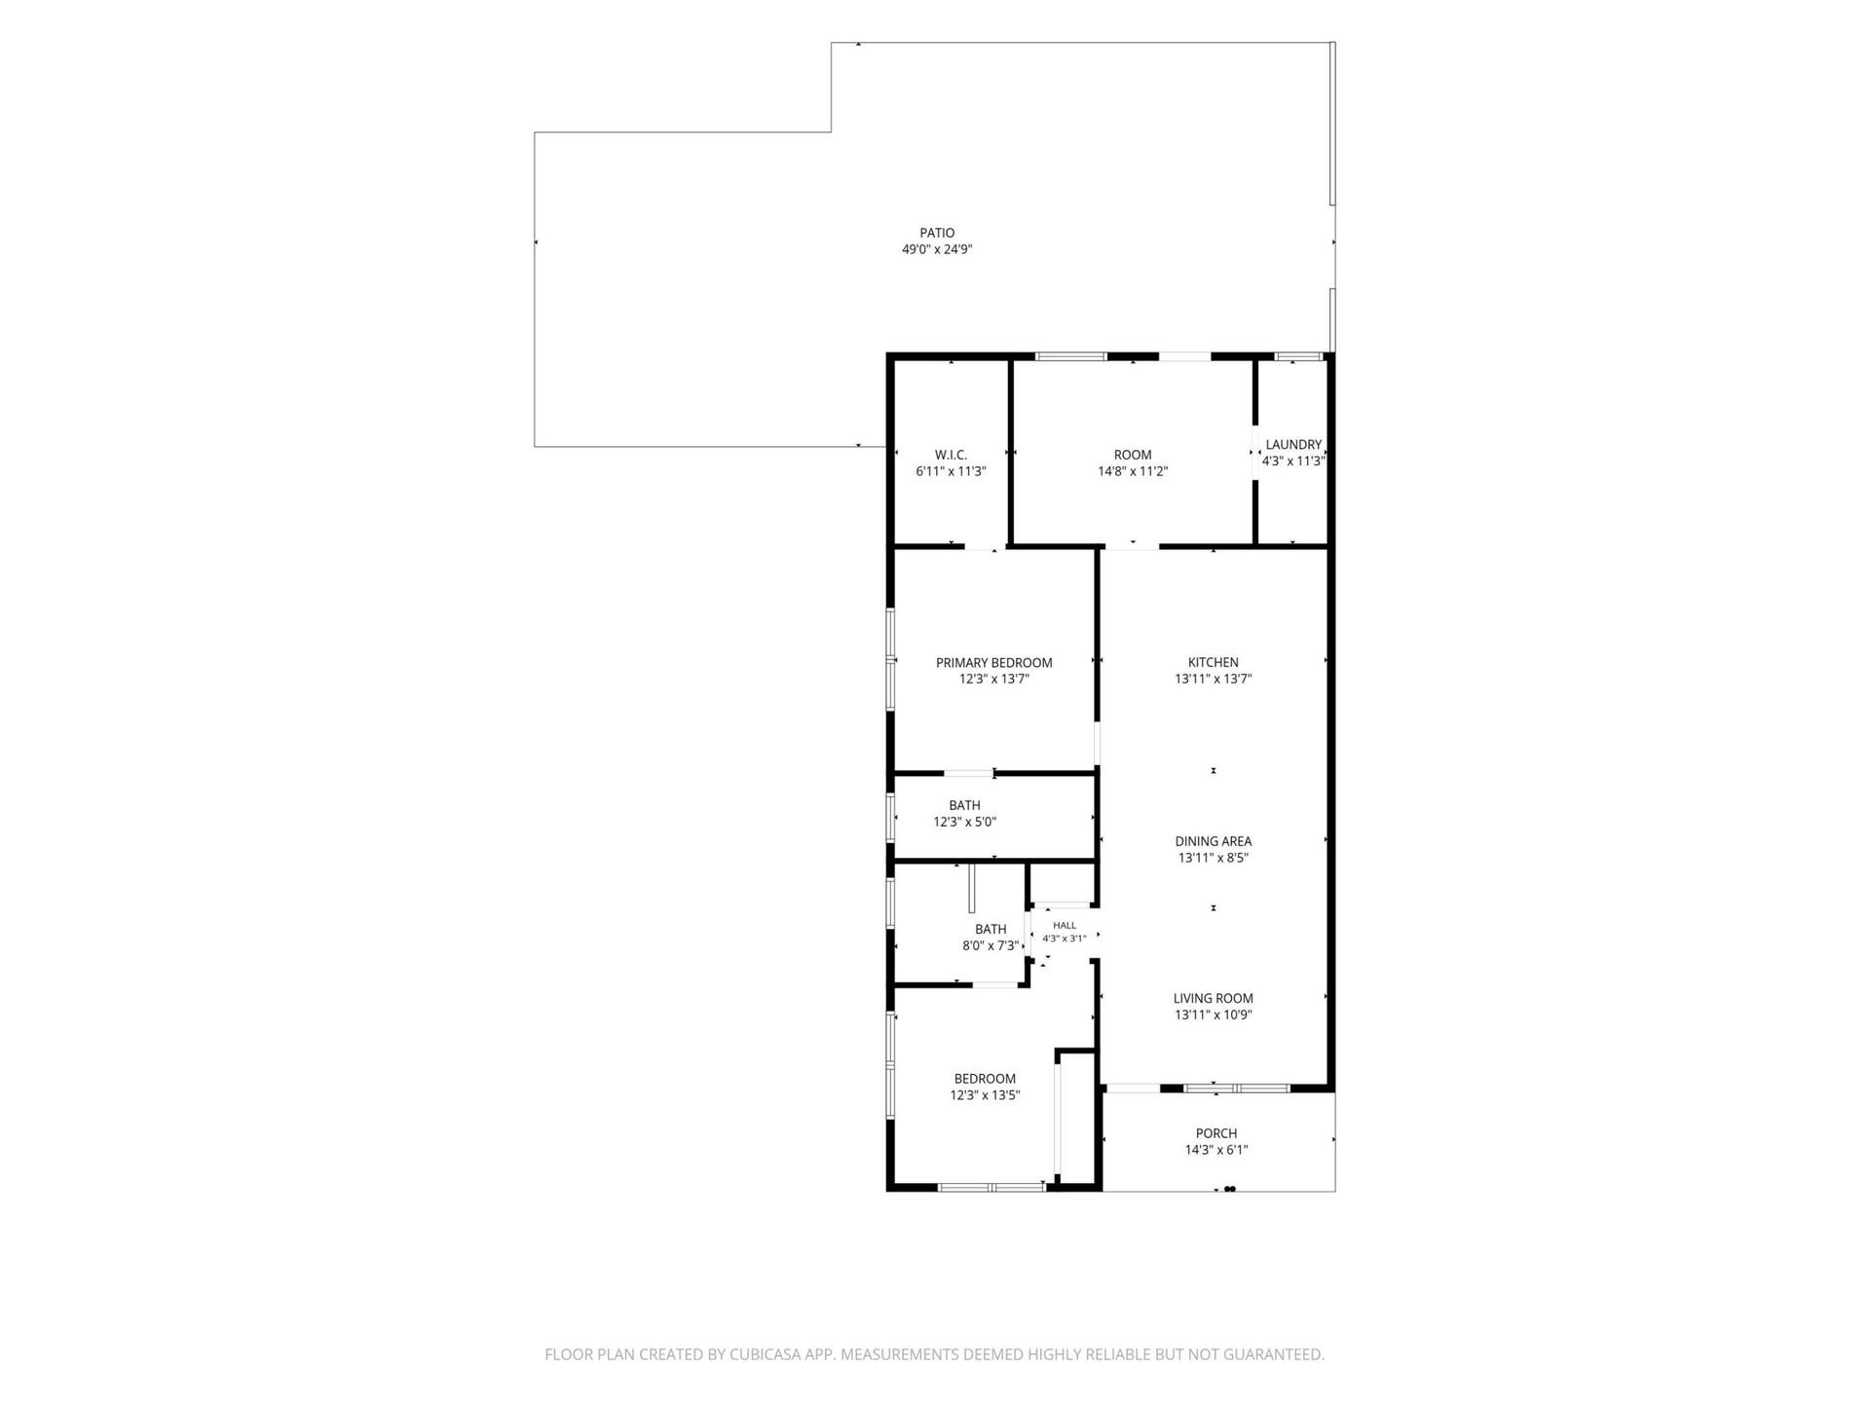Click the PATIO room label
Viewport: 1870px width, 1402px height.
937,233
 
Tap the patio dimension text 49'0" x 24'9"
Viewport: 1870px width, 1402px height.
937,249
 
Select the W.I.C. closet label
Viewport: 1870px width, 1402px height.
951,455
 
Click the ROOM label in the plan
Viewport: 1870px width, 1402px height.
1133,455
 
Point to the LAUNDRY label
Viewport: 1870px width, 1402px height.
1293,445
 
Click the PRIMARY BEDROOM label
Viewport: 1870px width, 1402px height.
994,663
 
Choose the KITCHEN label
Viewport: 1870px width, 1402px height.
1214,663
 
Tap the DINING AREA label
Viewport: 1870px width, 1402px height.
1214,841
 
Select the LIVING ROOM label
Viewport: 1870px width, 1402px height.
1214,998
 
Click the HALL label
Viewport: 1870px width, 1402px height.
1065,925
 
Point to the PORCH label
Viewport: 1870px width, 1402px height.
1216,1133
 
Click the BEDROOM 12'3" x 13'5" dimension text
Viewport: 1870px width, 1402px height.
985,1095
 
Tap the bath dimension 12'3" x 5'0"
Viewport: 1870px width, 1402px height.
964,822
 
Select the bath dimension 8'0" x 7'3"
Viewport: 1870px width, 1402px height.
991,945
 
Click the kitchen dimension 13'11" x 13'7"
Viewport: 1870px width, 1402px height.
1214,680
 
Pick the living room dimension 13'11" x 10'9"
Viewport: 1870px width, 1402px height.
1214,1015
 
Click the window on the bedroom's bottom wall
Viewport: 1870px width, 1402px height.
991,1187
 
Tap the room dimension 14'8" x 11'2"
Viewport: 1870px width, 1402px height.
1133,471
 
